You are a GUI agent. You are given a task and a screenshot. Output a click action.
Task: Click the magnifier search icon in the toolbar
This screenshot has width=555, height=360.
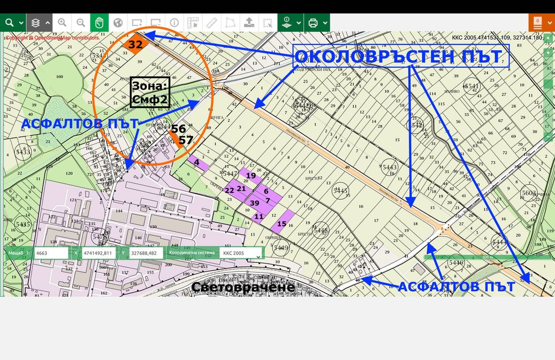coord(9,23)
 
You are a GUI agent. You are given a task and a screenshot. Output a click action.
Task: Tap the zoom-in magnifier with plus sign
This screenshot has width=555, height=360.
coord(62,23)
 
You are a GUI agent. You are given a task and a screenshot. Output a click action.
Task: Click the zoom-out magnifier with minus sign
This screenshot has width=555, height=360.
coord(81,23)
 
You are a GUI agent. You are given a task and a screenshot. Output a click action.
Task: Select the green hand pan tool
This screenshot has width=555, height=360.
coord(99,23)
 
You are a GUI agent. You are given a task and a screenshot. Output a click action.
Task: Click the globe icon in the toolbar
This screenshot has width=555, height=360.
coord(118,23)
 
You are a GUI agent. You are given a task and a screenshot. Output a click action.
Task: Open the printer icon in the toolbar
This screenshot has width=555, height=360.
coord(313,23)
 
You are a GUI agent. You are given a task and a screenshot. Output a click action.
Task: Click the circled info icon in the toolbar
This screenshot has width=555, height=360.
coord(174,23)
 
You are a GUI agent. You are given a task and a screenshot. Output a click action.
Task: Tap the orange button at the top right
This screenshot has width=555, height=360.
coord(537,23)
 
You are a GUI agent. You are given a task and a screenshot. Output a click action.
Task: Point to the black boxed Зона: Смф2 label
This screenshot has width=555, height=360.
coord(150,92)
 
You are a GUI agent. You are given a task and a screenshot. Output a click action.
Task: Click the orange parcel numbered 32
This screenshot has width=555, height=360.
coord(135,44)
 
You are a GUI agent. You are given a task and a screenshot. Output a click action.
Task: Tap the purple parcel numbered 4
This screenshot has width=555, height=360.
coord(197,163)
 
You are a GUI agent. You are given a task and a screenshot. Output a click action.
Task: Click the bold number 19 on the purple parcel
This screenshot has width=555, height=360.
coord(251,175)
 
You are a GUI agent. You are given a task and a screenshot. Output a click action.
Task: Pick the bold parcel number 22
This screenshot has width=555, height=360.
coord(229,190)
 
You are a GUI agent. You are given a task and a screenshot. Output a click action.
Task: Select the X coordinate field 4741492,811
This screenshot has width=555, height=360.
coord(98,253)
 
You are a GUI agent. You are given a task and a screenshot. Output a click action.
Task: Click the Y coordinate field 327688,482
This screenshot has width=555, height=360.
coord(147,253)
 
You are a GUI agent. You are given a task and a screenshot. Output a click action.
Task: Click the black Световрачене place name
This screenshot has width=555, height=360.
coord(243,287)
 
